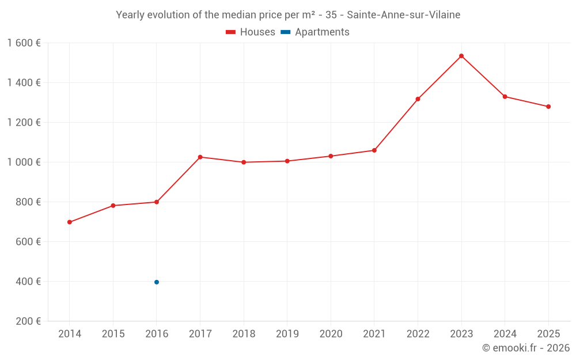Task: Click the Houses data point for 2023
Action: coord(461,56)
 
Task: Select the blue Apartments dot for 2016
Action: coord(157,282)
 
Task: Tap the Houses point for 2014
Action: coord(70,222)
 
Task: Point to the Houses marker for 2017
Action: coord(200,157)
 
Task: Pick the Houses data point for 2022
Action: coord(418,99)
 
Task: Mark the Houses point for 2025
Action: coord(548,107)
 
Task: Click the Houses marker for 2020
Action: coord(331,156)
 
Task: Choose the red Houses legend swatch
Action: coord(231,32)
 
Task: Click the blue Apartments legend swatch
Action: coord(286,32)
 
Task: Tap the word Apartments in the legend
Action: coord(322,32)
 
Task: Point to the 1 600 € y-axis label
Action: coord(24,43)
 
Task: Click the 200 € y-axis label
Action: coord(28,321)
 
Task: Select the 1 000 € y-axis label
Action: coord(24,162)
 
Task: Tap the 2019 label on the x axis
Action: coord(287,334)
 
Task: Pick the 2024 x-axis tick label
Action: coord(505,334)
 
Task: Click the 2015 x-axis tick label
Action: coord(113,334)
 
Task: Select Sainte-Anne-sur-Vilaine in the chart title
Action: coord(403,15)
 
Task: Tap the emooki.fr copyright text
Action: coord(526,347)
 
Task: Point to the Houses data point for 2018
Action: coord(244,162)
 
